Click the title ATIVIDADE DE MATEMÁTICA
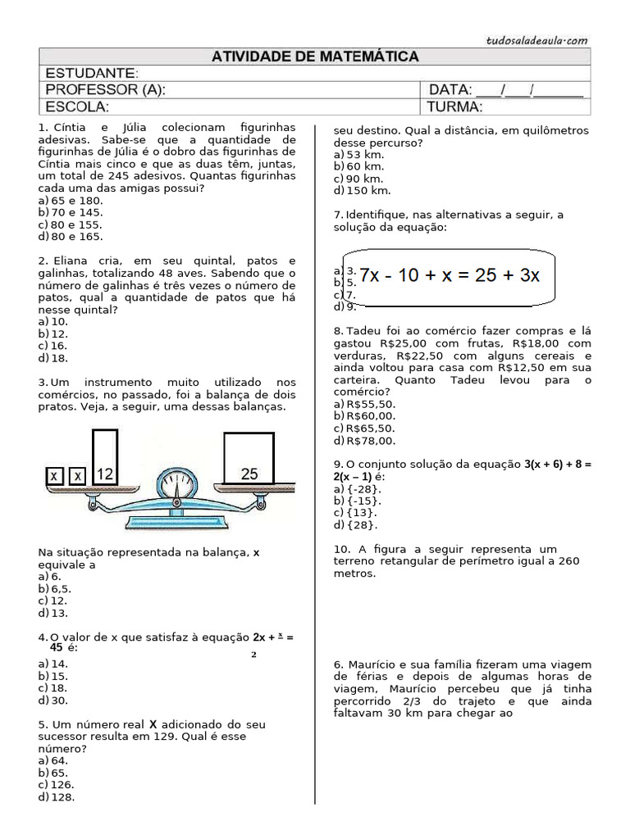[x=315, y=57]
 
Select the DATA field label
[x=448, y=89]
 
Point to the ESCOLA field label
[x=77, y=107]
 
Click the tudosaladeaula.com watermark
[x=536, y=39]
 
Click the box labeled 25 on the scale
[x=249, y=460]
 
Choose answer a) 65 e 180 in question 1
[x=71, y=200]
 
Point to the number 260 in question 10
[x=567, y=561]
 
